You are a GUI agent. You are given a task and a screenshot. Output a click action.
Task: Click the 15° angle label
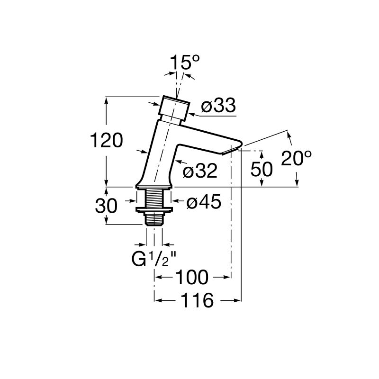185,63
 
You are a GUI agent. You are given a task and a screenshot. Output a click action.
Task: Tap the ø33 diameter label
218,106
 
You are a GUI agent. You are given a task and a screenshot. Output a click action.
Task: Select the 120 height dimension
106,140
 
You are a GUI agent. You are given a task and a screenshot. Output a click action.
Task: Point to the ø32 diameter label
200,171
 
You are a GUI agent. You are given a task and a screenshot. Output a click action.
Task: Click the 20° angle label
297,158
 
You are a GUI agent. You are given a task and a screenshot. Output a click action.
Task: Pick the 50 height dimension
262,169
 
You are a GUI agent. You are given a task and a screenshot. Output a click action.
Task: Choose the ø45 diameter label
204,201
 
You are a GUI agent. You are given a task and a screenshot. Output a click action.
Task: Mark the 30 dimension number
106,206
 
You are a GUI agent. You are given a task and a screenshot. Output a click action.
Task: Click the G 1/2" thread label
153,259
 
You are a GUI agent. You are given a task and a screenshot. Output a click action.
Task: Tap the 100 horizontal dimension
192,278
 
